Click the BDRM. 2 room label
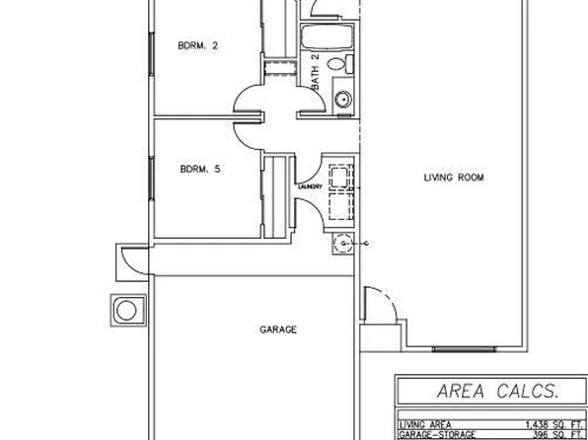point(197,44)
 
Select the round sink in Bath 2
point(343,99)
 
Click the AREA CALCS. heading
point(489,392)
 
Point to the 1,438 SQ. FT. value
point(542,423)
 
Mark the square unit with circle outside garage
point(126,311)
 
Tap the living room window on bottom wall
point(455,348)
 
